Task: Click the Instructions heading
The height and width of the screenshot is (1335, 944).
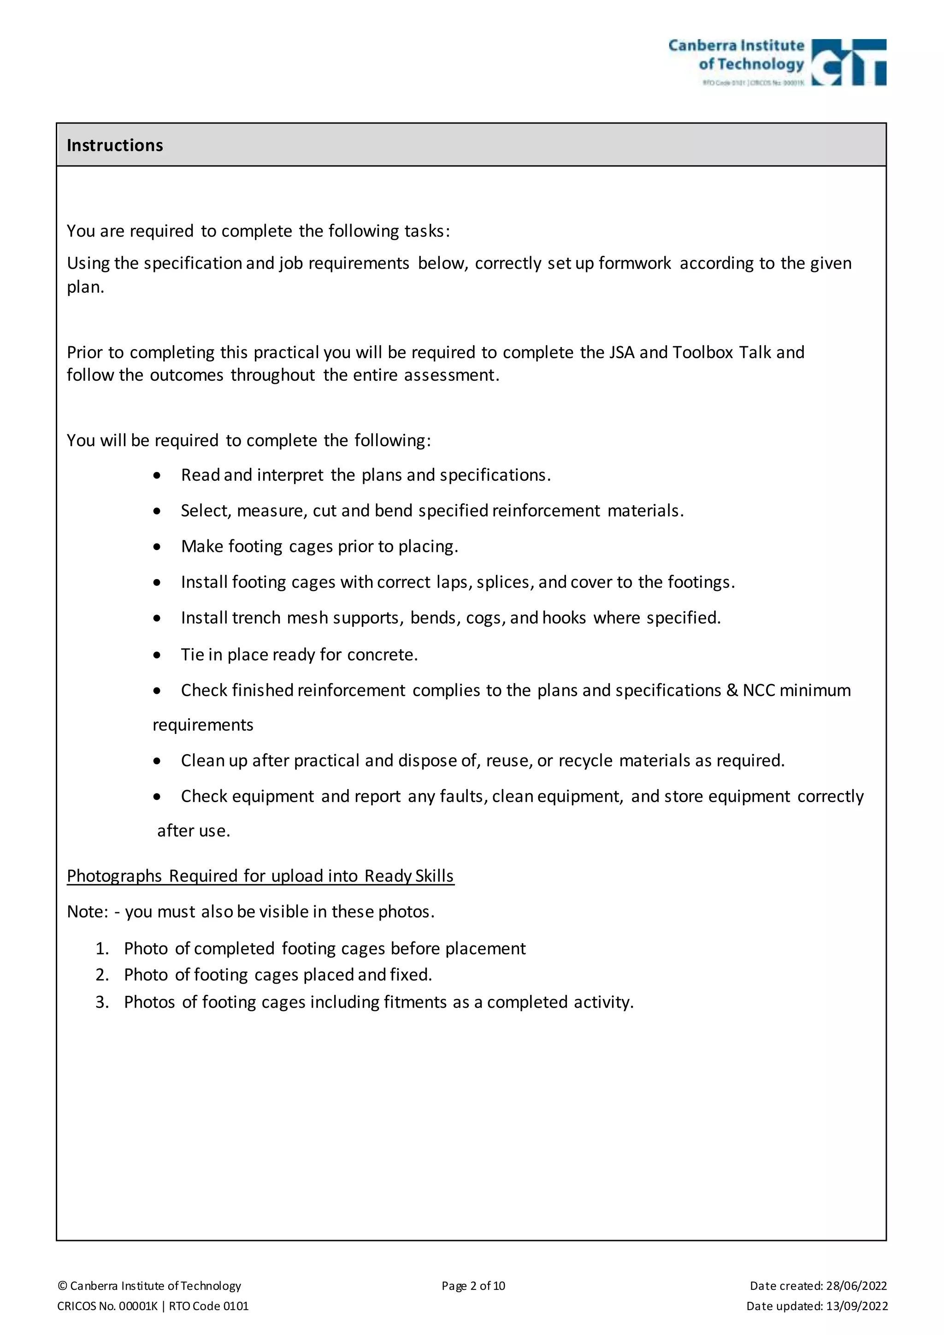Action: coord(114,145)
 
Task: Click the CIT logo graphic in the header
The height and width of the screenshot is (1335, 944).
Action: coord(849,62)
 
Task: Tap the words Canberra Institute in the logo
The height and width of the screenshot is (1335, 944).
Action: coord(736,45)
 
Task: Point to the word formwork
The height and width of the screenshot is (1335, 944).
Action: coord(635,263)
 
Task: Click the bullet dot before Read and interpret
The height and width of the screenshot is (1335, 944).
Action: coord(157,476)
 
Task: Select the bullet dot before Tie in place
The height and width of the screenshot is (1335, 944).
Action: coord(157,656)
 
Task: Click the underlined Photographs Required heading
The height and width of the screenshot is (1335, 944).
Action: coord(260,876)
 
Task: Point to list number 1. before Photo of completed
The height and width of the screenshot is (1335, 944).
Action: coord(102,948)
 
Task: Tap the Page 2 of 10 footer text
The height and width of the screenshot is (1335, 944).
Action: coord(473,1286)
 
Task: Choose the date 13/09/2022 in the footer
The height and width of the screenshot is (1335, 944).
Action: coord(857,1306)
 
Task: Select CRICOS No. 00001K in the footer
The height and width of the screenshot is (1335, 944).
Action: coord(107,1306)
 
